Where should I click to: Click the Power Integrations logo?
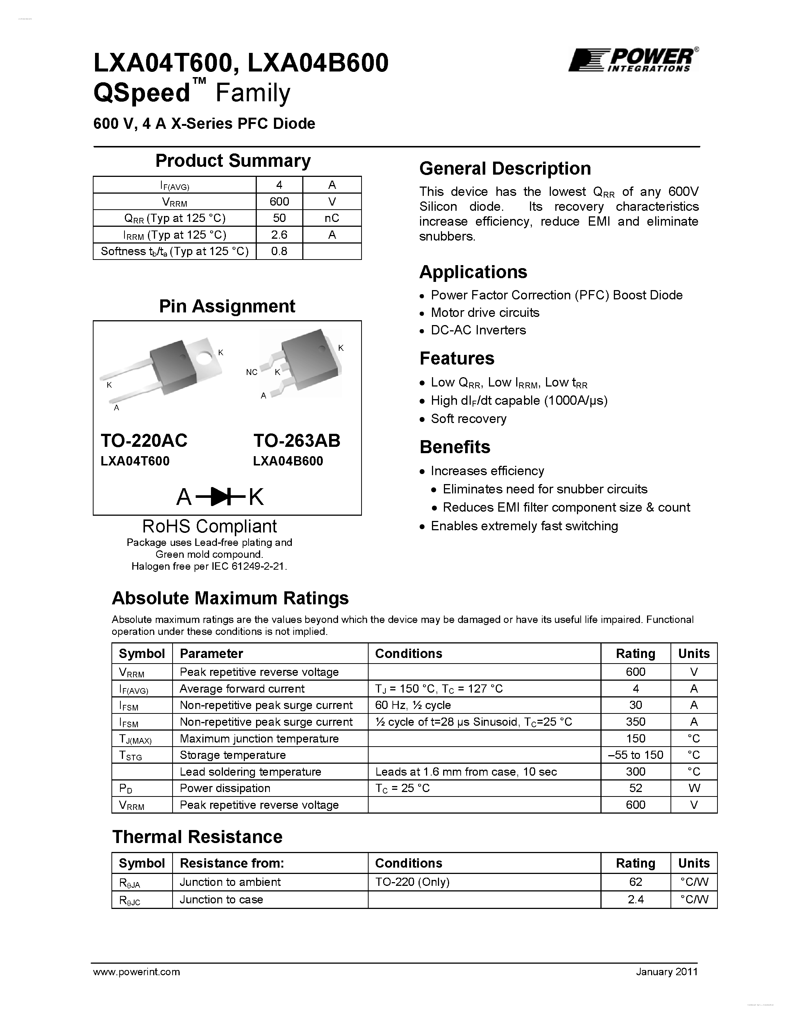pyautogui.click(x=632, y=60)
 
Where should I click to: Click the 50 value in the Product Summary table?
pyautogui.click(x=279, y=218)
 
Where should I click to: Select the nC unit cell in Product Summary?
pyautogui.click(x=332, y=218)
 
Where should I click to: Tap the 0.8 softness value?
pyautogui.click(x=279, y=251)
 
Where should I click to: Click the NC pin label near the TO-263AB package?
pyautogui.click(x=252, y=372)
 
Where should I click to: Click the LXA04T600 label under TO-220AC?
pyautogui.click(x=135, y=461)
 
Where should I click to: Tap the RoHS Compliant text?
pyautogui.click(x=209, y=527)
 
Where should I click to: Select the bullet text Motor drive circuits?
pyautogui.click(x=485, y=313)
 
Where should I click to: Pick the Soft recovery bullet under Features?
pyautogui.click(x=468, y=419)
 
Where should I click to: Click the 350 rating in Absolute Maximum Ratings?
pyautogui.click(x=635, y=722)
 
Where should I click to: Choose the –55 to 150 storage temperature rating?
pyautogui.click(x=635, y=755)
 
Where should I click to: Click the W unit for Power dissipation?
pyautogui.click(x=694, y=788)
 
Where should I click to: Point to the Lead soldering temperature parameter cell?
pyautogui.click(x=250, y=772)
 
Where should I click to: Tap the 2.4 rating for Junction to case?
pyautogui.click(x=635, y=899)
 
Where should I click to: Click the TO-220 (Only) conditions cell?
pyautogui.click(x=412, y=882)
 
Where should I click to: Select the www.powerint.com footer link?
pyautogui.click(x=136, y=972)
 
